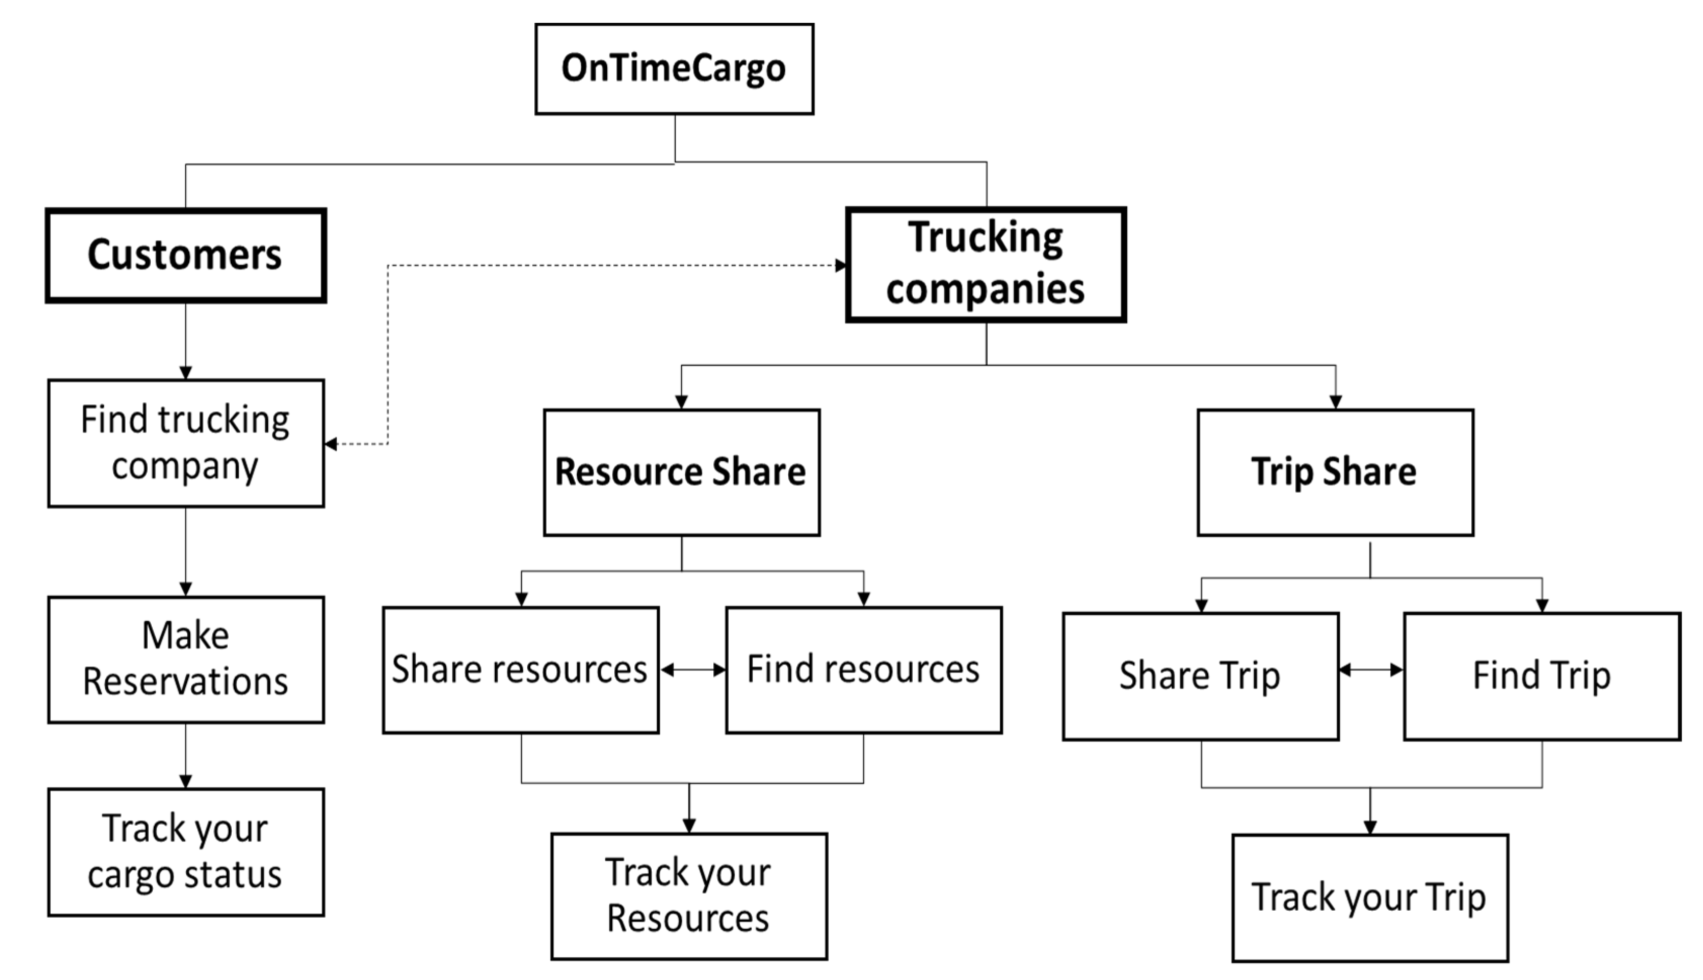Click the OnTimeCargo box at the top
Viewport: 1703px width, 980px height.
(674, 69)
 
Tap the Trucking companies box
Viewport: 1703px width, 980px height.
(986, 265)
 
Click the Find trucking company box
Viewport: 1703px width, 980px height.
(186, 443)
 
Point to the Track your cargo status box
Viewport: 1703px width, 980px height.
(186, 851)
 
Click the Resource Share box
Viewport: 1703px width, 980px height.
(681, 472)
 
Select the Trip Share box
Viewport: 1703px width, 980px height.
(1335, 472)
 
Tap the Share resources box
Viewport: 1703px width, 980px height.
(520, 670)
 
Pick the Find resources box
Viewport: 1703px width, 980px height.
(863, 670)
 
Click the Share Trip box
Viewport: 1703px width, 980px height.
(1201, 676)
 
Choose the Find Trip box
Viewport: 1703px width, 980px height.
(1542, 676)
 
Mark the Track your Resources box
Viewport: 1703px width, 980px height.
(689, 896)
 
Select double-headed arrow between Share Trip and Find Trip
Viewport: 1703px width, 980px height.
(1371, 670)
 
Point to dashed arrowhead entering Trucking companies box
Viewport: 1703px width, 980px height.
(840, 265)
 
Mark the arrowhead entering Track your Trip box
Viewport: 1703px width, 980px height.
(1370, 827)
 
